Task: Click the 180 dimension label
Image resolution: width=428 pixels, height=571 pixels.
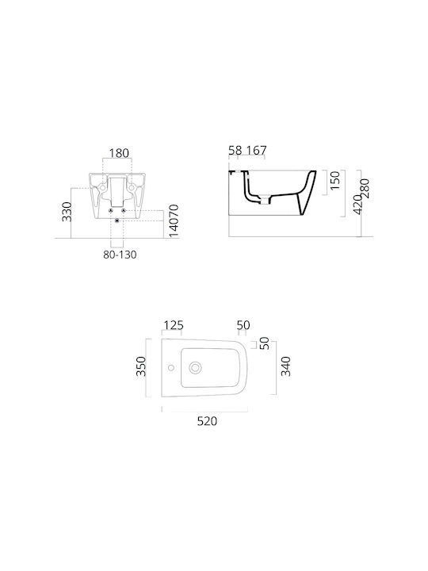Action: (120, 153)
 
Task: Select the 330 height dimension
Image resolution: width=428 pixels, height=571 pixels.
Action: (67, 212)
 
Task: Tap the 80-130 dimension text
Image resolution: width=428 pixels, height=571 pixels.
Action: (120, 255)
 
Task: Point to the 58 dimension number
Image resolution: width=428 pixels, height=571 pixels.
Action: (235, 150)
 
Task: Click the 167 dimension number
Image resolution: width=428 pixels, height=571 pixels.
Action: (257, 150)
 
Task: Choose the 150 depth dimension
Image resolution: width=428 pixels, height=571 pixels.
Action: (334, 180)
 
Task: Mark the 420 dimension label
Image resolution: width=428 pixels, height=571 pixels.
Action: (357, 205)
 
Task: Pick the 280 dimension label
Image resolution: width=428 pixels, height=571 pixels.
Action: (365, 188)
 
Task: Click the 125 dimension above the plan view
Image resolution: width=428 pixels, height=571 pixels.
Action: (174, 325)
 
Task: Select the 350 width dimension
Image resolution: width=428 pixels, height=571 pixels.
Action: (140, 366)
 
